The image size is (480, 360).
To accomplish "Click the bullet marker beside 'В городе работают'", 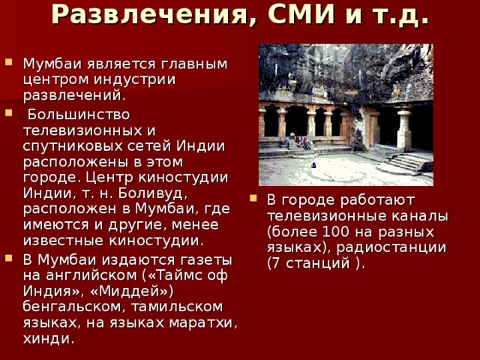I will click(x=253, y=199).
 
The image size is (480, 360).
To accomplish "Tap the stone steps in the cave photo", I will click(x=409, y=162).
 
